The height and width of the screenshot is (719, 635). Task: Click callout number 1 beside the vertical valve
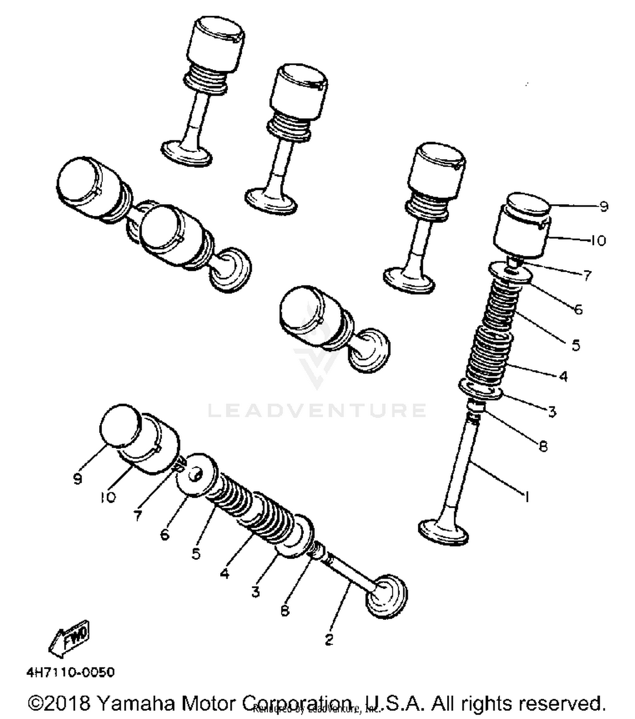tap(527, 496)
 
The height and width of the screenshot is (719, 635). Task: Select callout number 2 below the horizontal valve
tap(329, 639)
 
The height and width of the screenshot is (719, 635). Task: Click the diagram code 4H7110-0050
tap(70, 672)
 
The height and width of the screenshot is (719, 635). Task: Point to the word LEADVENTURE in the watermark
tap(317, 410)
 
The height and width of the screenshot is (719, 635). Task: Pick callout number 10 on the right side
tap(598, 241)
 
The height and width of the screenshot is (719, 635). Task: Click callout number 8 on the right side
tap(544, 446)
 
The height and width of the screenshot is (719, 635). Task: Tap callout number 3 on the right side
tap(552, 411)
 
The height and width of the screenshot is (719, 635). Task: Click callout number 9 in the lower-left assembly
tap(77, 479)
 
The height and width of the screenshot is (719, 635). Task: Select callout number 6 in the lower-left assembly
tap(165, 534)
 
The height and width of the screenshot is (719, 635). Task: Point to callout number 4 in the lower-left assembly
tap(225, 573)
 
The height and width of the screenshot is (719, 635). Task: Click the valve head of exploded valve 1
tap(443, 531)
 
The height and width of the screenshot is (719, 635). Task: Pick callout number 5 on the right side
tap(576, 345)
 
